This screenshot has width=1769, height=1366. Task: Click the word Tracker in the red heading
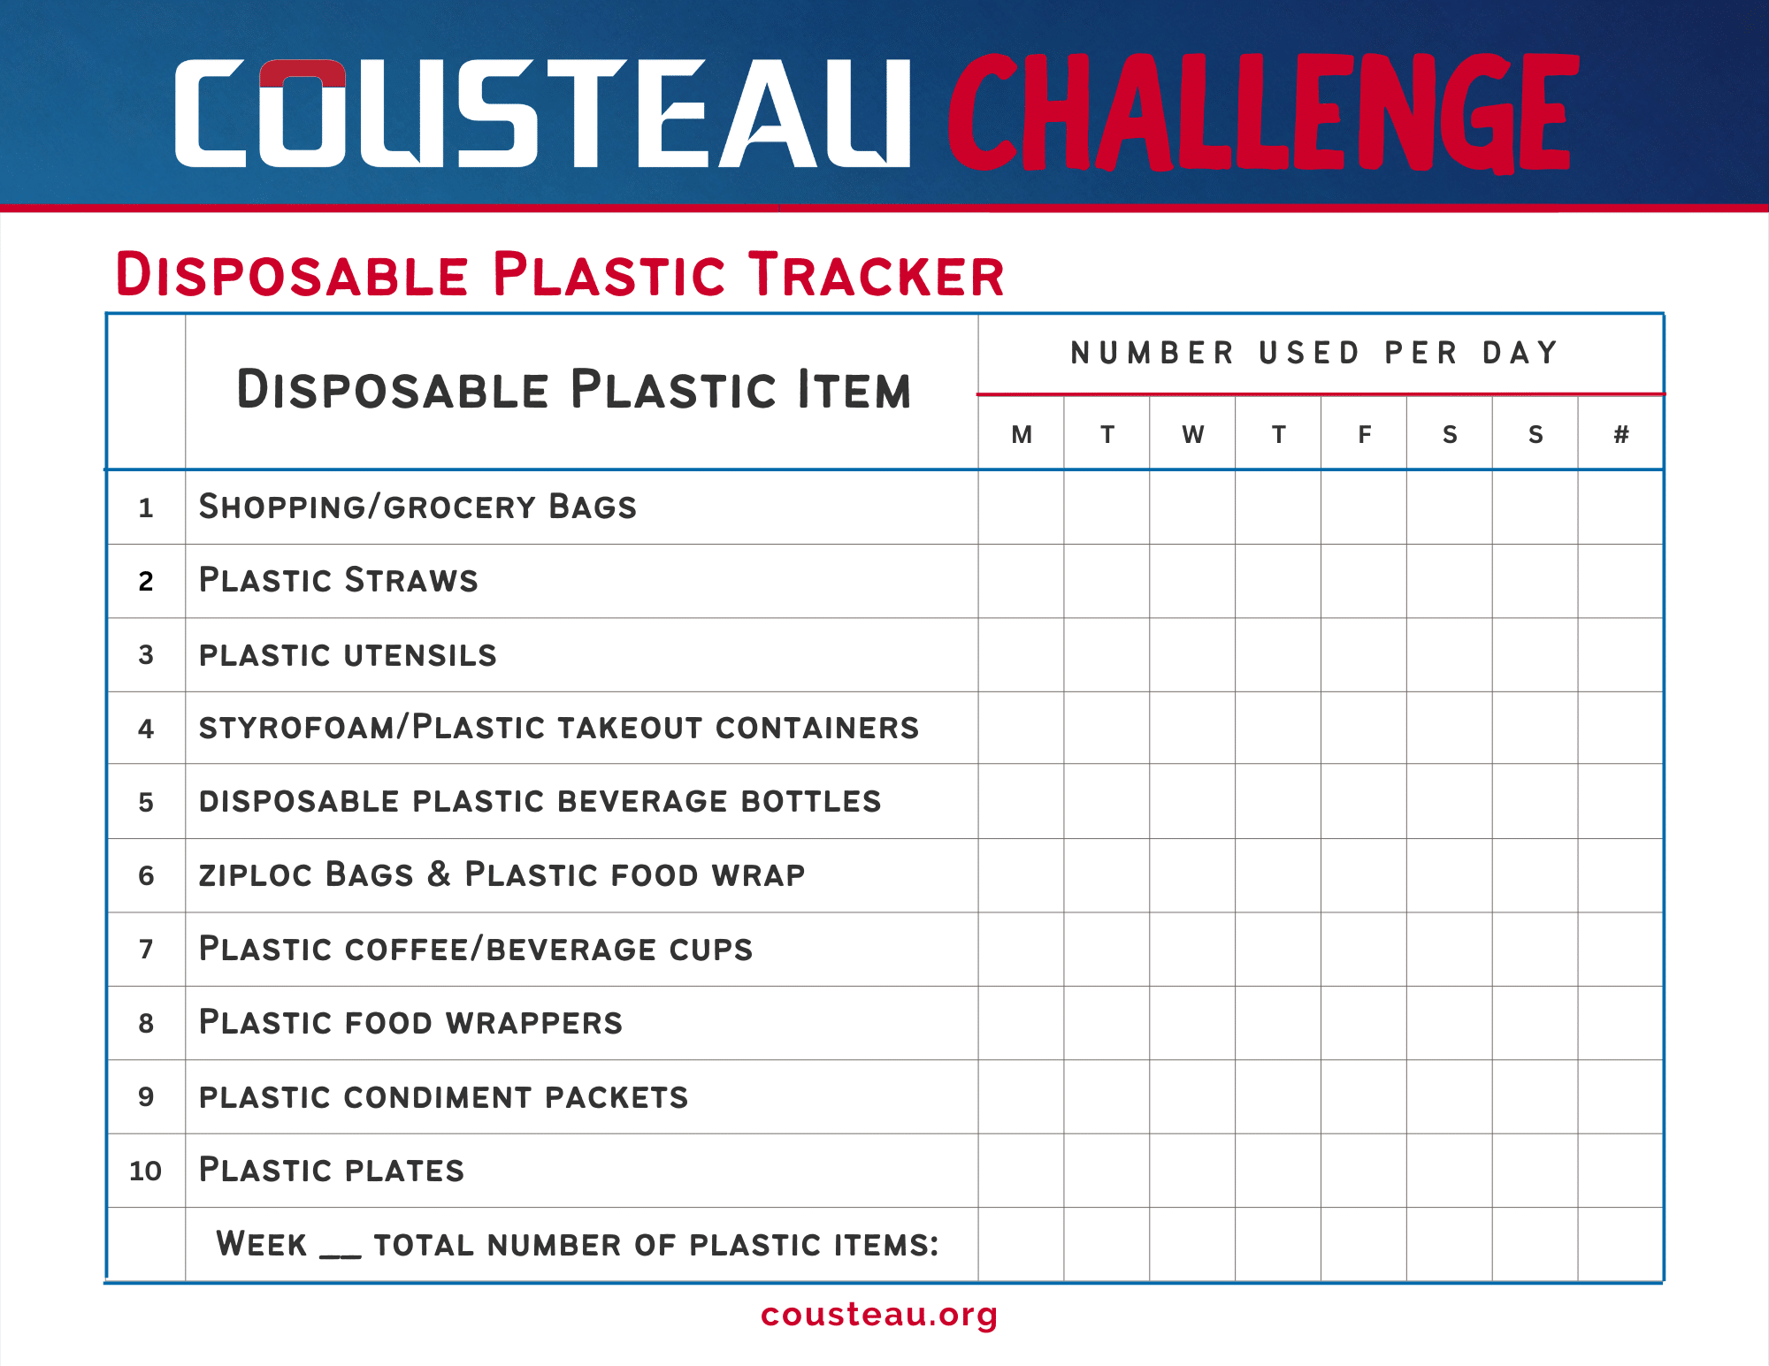[x=877, y=274]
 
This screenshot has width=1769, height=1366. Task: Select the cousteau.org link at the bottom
[x=879, y=1315]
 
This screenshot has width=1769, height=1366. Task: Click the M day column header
[x=1022, y=434]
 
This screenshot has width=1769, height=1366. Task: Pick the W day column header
[x=1193, y=434]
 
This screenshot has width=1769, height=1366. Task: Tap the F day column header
[x=1365, y=434]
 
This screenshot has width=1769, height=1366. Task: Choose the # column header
[x=1621, y=434]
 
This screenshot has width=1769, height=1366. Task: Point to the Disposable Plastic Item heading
[x=574, y=389]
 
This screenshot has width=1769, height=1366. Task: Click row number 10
[x=146, y=1171]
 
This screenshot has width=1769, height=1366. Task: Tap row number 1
[x=146, y=507]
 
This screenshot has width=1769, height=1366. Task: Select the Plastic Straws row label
[x=339, y=580]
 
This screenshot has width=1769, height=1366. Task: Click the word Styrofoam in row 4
[x=298, y=728]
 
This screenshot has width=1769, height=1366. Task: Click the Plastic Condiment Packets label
[x=444, y=1097]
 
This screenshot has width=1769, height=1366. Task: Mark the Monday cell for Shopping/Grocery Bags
[x=1022, y=507]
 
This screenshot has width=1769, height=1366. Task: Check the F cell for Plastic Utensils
[x=1364, y=654]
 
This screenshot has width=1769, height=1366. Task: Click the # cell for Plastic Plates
[x=1620, y=1171]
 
